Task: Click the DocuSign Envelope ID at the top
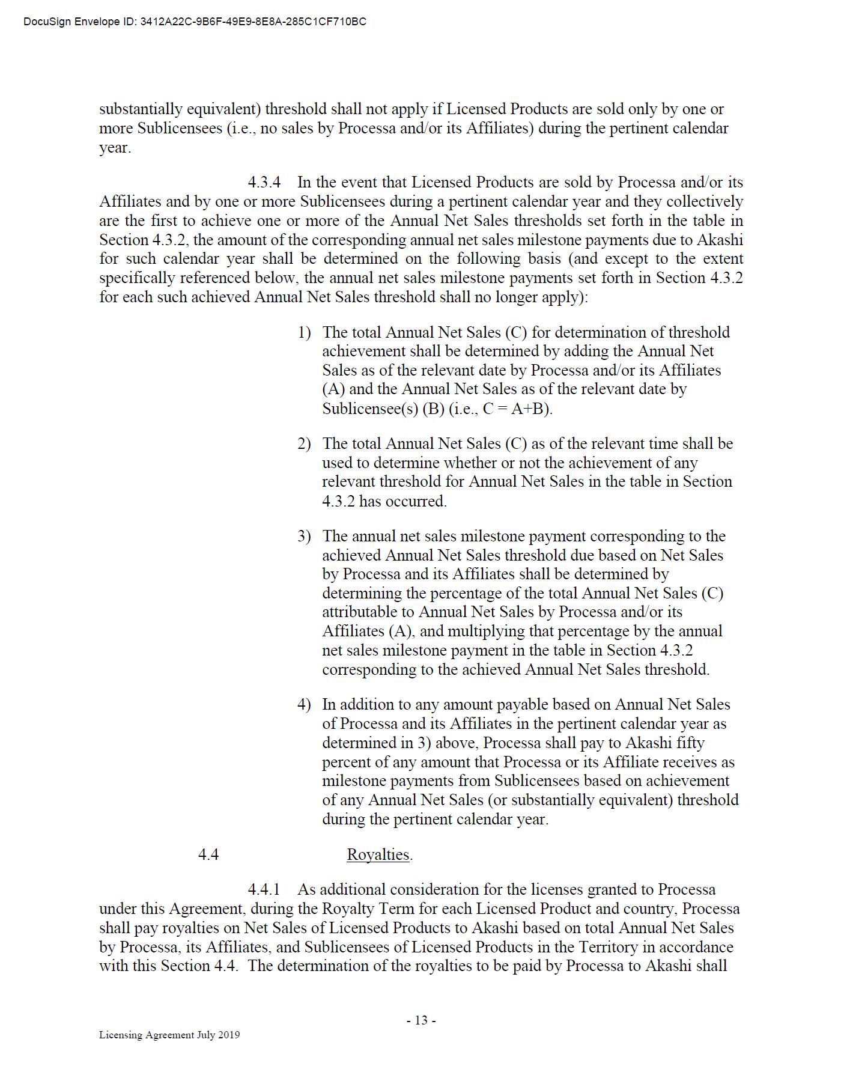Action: pyautogui.click(x=195, y=22)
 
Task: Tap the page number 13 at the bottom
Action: pyautogui.click(x=421, y=1020)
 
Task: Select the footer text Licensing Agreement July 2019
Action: pyautogui.click(x=169, y=1035)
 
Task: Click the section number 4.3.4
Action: pyautogui.click(x=264, y=182)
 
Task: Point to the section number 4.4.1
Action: pyautogui.click(x=264, y=889)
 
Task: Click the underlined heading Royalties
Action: pyautogui.click(x=378, y=854)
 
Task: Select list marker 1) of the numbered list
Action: pyautogui.click(x=304, y=332)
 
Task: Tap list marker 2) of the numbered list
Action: pyautogui.click(x=304, y=443)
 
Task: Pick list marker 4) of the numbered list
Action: pyautogui.click(x=304, y=704)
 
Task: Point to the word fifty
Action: pyautogui.click(x=690, y=743)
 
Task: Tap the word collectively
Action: pyautogui.click(x=705, y=201)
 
